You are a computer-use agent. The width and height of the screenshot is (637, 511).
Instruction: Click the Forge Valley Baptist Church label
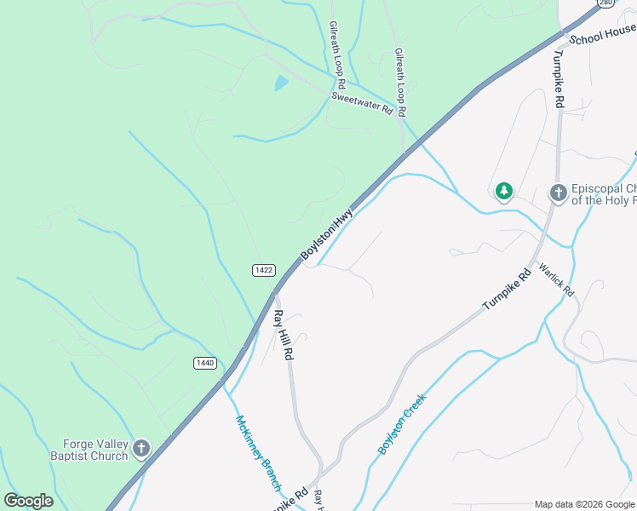95,450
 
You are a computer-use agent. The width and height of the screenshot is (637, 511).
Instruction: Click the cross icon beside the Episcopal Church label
558,193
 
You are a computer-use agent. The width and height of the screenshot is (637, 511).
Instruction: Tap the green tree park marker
504,191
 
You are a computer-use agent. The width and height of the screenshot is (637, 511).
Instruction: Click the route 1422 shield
264,270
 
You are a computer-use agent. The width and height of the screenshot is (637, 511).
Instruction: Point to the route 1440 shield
204,363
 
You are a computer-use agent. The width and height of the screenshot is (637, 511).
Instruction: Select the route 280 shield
604,3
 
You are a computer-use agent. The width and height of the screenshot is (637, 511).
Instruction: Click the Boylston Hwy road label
326,236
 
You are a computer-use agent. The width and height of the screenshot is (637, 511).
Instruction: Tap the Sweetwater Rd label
362,104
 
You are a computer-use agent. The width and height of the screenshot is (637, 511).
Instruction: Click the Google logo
29,501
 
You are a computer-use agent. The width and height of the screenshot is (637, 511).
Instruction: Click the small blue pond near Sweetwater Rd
280,83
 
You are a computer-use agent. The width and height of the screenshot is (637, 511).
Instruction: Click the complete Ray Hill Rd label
283,334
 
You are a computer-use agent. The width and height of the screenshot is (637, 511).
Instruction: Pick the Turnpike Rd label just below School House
559,77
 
